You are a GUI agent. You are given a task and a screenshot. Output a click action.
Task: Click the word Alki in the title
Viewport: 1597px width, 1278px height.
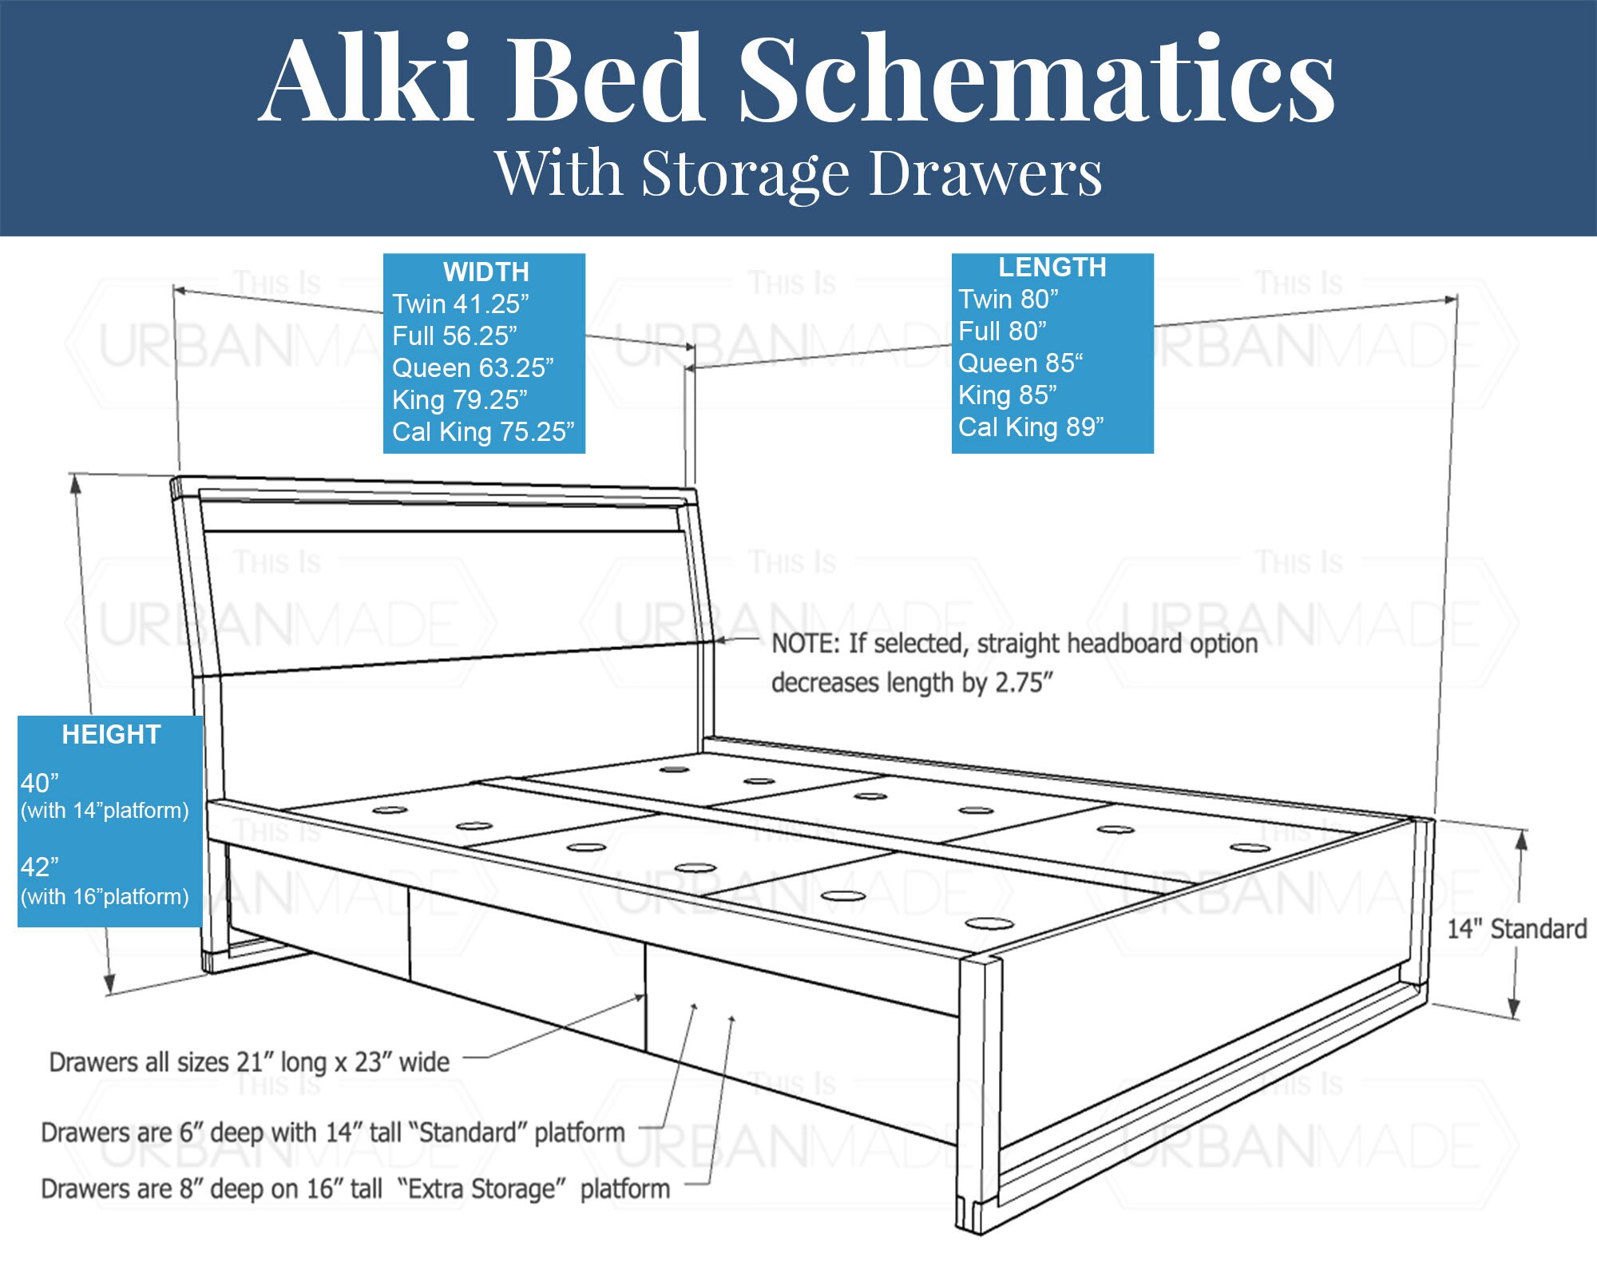click(x=367, y=80)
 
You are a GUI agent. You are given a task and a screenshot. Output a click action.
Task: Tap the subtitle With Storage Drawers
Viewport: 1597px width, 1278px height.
click(x=798, y=173)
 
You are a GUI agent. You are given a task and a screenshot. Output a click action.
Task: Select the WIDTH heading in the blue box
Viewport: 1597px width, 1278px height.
click(x=485, y=272)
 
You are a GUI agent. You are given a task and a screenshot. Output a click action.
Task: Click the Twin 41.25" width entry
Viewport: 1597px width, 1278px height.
click(x=461, y=304)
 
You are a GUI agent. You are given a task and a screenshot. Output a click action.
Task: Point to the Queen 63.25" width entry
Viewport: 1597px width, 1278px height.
click(x=473, y=368)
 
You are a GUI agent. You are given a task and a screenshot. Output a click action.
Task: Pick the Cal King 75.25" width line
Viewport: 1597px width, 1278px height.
click(x=483, y=432)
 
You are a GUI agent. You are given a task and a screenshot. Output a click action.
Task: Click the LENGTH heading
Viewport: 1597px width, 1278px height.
click(x=1052, y=268)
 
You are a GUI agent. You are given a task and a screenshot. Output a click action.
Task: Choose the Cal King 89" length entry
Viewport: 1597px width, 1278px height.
click(x=1031, y=427)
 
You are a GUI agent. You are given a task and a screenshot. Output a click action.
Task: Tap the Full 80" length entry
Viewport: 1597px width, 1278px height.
click(x=1002, y=331)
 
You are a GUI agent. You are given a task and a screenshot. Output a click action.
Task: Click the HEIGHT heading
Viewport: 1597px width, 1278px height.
click(x=111, y=735)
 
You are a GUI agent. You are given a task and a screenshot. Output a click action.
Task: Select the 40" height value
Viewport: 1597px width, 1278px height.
click(x=40, y=784)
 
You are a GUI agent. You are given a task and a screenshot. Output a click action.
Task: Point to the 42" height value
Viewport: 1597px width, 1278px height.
click(x=40, y=867)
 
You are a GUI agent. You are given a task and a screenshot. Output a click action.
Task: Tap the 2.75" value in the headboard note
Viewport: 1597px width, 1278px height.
click(x=1024, y=684)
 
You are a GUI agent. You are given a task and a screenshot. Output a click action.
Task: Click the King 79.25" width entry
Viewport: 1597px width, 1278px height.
click(x=460, y=400)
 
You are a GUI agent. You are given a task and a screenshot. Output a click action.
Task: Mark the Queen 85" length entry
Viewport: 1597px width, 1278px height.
click(x=1020, y=363)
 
